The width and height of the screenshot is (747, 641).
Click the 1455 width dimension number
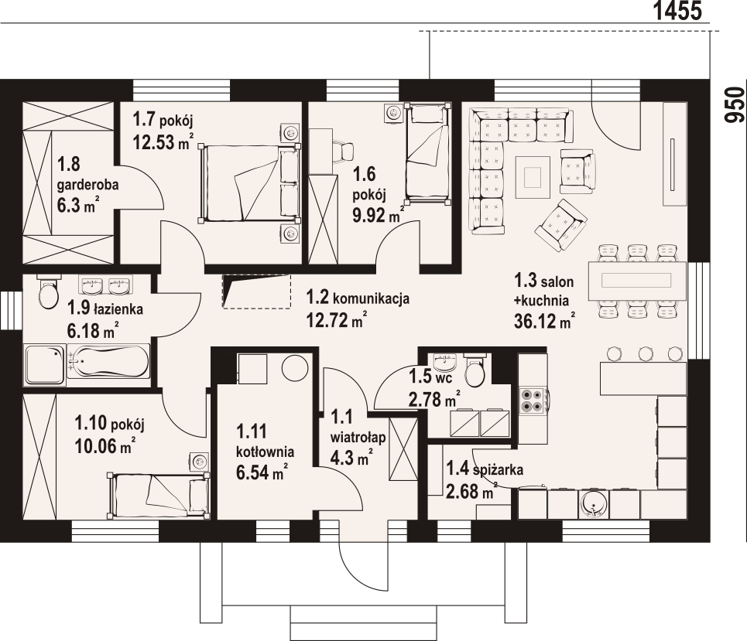pyautogui.click(x=677, y=11)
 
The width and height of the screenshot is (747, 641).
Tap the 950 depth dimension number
pyautogui.click(x=734, y=104)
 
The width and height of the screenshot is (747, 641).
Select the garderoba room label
pyautogui.click(x=87, y=185)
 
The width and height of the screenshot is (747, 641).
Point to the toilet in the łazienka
pyautogui.click(x=48, y=292)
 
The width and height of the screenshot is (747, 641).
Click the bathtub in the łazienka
pyautogui.click(x=108, y=362)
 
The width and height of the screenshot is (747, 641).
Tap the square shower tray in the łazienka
pyautogui.click(x=44, y=365)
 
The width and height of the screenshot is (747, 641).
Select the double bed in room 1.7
pyautogui.click(x=249, y=183)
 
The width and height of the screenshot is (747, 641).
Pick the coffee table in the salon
pyautogui.click(x=533, y=178)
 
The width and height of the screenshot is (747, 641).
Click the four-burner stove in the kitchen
pyautogui.click(x=533, y=401)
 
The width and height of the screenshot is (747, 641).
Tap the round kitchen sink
pyautogui.click(x=593, y=505)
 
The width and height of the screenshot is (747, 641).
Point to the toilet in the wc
pyautogui.click(x=475, y=371)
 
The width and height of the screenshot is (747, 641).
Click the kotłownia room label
pyautogui.click(x=265, y=452)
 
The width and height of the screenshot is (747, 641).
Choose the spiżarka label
pyautogui.click(x=499, y=469)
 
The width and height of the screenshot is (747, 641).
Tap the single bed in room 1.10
pyautogui.click(x=159, y=494)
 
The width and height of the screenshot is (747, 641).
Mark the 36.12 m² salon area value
pyautogui.click(x=544, y=321)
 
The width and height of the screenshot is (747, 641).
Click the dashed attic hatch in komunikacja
pyautogui.click(x=256, y=292)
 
